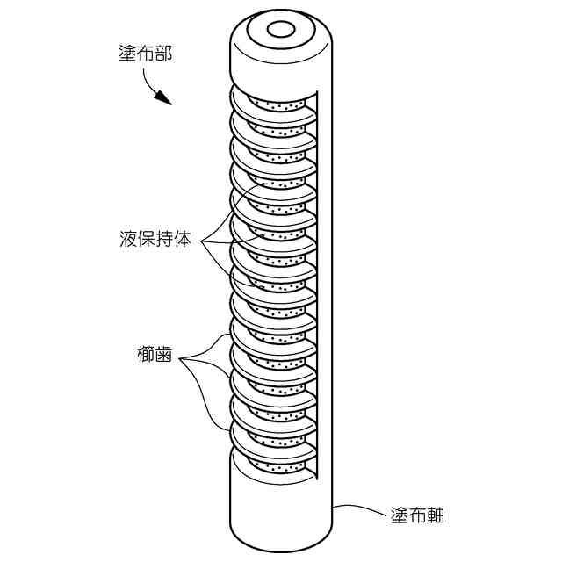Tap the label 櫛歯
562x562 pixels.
(x=153, y=357)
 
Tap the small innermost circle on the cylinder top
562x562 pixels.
(x=281, y=30)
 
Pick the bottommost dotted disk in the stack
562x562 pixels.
(x=278, y=466)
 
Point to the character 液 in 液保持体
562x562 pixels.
(x=128, y=239)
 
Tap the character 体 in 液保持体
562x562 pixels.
(x=182, y=239)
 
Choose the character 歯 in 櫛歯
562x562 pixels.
(x=162, y=357)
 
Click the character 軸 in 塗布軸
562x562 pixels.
(x=435, y=515)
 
